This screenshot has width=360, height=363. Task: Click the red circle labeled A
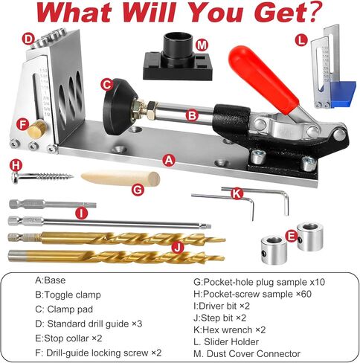tap(169, 159)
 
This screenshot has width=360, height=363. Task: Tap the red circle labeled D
tap(28, 39)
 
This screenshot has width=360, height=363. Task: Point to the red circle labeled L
tap(300, 40)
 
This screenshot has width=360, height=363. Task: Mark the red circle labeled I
tap(82, 213)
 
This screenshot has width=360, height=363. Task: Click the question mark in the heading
tap(315, 13)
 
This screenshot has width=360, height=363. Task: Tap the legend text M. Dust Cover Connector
tap(246, 353)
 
